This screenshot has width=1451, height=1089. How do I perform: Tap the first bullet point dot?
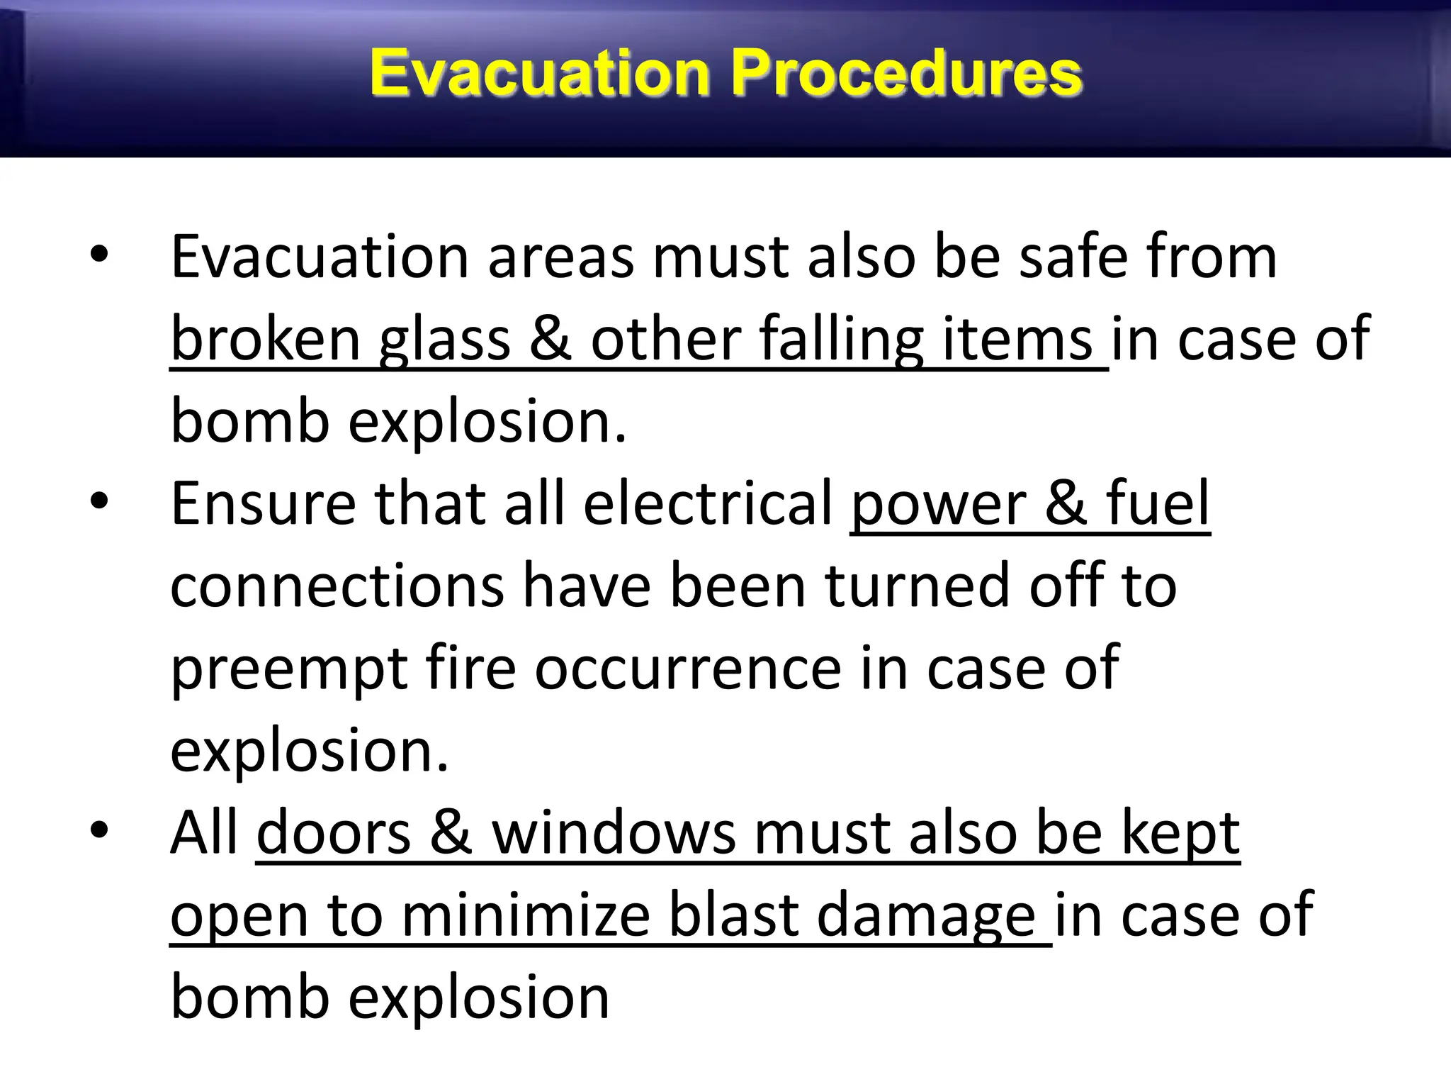[x=99, y=254]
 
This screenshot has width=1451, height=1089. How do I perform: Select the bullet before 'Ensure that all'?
[x=99, y=501]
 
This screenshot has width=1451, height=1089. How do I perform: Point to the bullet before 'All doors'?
[x=99, y=830]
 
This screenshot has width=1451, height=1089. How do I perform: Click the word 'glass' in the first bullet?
[x=445, y=340]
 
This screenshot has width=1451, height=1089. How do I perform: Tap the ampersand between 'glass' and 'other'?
[x=551, y=340]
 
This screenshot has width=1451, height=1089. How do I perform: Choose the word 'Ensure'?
[x=263, y=505]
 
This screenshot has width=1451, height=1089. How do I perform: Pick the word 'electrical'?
[x=708, y=505]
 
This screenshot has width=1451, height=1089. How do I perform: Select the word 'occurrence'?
[x=687, y=669]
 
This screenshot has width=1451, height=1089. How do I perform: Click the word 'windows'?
[x=614, y=834]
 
